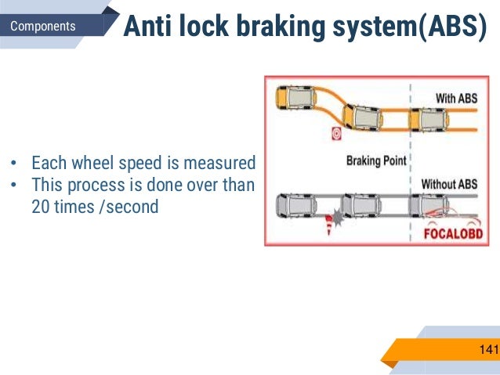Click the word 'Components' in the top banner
pyautogui.click(x=44, y=26)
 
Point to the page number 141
pyautogui.click(x=488, y=348)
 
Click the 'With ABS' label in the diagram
pyautogui.click(x=456, y=99)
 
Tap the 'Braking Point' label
pyautogui.click(x=376, y=161)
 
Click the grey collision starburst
pyautogui.click(x=338, y=217)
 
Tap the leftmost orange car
pyautogui.click(x=294, y=97)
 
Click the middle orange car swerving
pyautogui.click(x=364, y=117)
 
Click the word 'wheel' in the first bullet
pyautogui.click(x=96, y=164)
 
